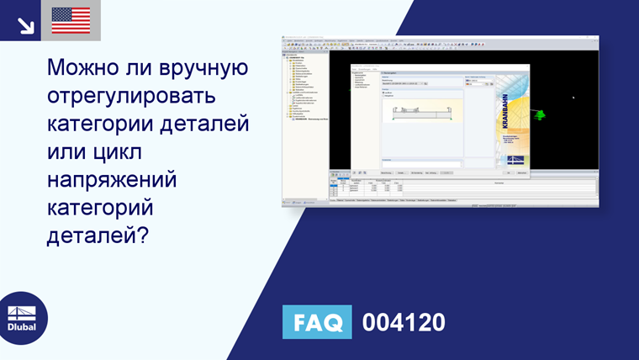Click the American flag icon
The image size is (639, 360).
pos(71,20)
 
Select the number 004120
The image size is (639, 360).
pos(404,322)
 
